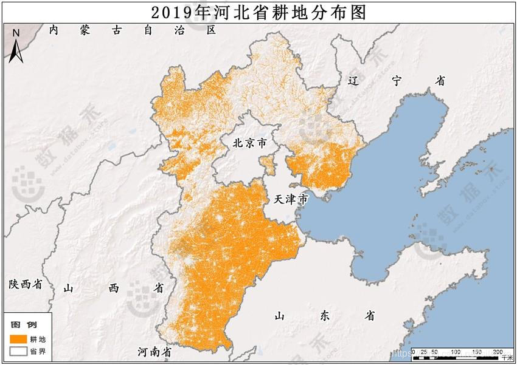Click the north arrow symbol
coord(17,50)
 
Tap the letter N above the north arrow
coord(17,32)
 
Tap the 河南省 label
coord(154,352)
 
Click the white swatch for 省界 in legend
coord(19,350)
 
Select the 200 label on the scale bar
coord(496,352)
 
